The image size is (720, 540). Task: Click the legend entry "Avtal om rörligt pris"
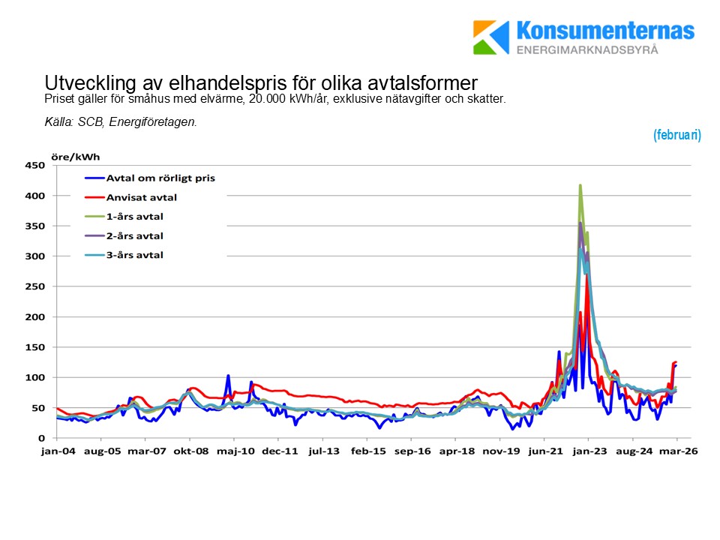point(160,178)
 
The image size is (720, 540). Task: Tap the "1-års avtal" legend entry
point(134,217)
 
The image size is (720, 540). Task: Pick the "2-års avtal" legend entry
point(134,236)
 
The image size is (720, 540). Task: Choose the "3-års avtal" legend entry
point(134,255)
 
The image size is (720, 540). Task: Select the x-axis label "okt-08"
point(191,452)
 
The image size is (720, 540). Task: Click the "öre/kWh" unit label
point(75,157)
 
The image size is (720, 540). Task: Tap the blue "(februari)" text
point(676,135)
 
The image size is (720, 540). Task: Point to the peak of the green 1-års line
point(580,184)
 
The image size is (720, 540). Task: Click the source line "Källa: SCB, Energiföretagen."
point(121,121)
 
